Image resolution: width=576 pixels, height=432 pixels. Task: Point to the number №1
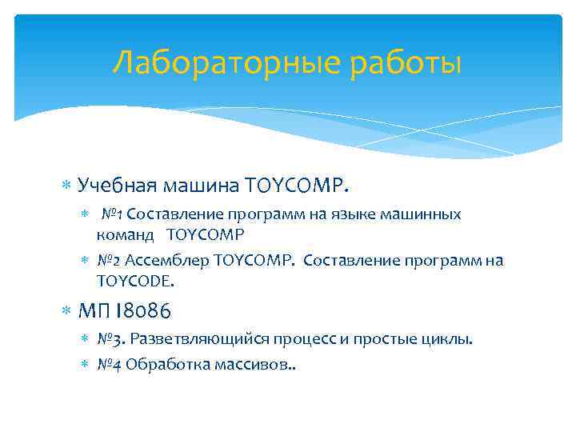pyautogui.click(x=112, y=214)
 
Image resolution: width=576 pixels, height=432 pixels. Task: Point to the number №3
pyautogui.click(x=110, y=339)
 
